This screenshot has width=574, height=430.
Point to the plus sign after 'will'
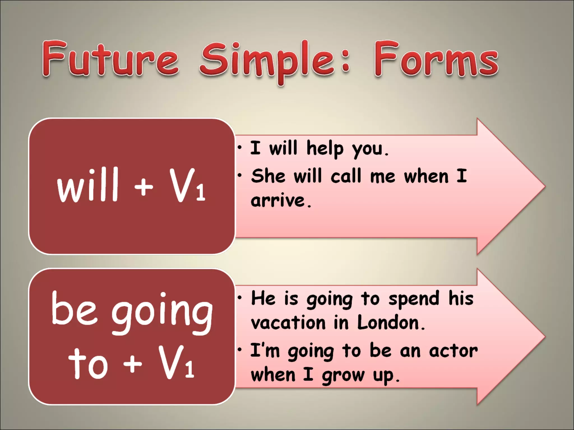point(143,187)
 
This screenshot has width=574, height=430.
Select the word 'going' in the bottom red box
point(162,313)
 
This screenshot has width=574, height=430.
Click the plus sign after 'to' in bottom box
point(132,363)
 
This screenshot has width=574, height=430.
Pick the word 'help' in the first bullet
point(325,148)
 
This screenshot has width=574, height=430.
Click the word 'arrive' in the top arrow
point(277,200)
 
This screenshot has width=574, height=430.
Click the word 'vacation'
point(288,323)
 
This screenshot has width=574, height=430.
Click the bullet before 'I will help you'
point(240,149)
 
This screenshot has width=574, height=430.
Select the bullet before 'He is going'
point(240,298)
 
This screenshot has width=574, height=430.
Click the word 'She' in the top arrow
point(268,176)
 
